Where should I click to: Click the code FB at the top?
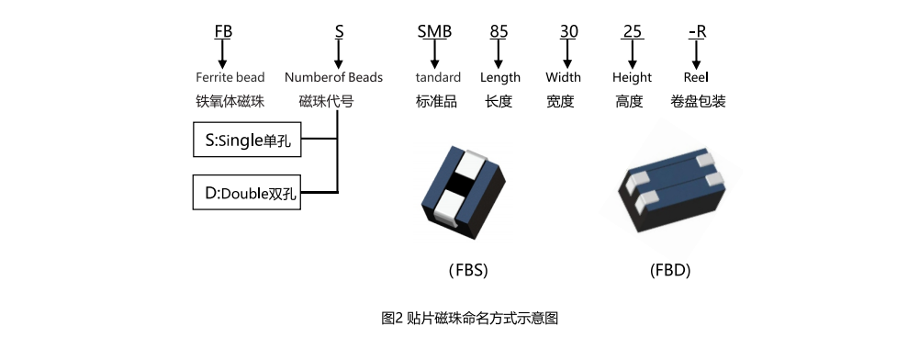223,31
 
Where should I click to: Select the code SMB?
434,31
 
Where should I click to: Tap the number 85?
499,31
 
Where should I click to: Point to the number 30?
568,31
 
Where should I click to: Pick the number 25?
632,31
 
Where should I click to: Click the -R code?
697,31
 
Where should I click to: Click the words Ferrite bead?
230,77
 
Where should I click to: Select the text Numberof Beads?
333,77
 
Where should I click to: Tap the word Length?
499,77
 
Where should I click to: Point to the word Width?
563,77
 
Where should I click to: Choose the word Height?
632,77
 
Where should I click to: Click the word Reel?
696,77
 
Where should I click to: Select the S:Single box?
247,141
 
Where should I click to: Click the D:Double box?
247,193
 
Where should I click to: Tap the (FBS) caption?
468,270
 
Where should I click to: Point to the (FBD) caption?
669,270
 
